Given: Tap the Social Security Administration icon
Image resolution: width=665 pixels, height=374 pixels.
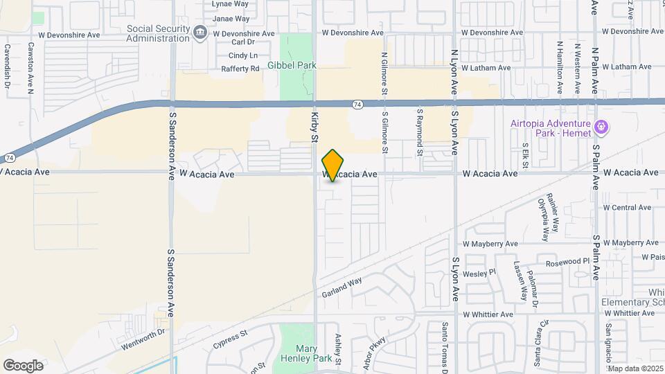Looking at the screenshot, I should [200, 32].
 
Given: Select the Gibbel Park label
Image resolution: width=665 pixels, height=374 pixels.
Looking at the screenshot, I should [292, 65].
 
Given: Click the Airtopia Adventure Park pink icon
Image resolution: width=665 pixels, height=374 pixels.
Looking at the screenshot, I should [601, 128].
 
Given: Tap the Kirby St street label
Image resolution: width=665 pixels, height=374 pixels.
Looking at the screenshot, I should [314, 128].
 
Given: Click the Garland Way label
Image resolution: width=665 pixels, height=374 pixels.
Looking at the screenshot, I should [342, 288].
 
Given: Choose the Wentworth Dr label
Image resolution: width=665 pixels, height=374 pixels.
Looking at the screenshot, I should [142, 332].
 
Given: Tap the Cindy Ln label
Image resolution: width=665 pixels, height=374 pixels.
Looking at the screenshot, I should [242, 55].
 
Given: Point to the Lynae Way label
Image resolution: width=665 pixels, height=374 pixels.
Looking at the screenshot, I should [230, 3].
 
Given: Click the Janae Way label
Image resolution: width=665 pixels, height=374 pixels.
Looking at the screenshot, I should [231, 19].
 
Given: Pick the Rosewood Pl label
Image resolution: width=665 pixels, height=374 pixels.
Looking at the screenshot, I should [567, 262].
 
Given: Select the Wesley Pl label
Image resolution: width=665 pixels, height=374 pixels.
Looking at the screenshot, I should [479, 273].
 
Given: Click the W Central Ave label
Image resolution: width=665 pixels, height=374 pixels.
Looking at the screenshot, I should [627, 207].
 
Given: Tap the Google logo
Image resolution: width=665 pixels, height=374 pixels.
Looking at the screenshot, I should [23, 364].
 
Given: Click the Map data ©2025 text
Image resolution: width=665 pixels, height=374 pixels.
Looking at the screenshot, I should [635, 368].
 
